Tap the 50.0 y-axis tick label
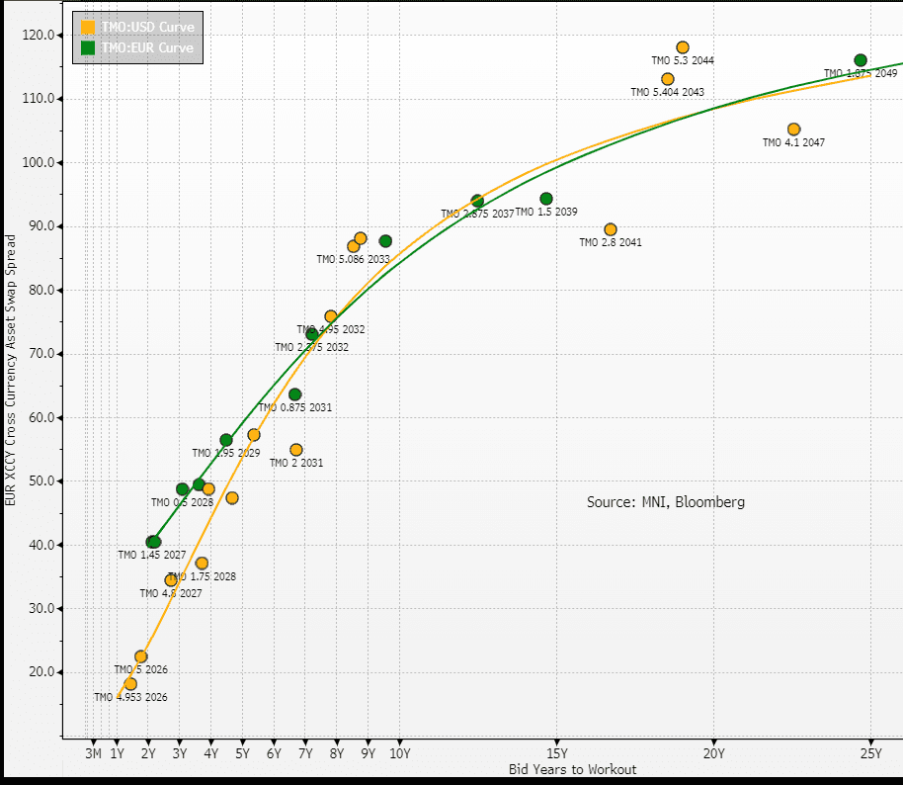[42, 481]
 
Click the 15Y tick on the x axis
[556, 754]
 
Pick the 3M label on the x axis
[93, 754]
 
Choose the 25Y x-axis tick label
[870, 754]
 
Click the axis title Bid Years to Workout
[572, 769]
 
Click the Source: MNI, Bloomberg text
[666, 502]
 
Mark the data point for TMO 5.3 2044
[683, 47]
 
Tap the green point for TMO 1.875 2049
[861, 60]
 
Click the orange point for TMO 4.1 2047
[793, 130]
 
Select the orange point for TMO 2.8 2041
[611, 229]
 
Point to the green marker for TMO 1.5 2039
[546, 199]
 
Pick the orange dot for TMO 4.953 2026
[130, 684]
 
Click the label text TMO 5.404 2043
[667, 92]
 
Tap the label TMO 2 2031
[296, 463]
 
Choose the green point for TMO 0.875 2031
[294, 394]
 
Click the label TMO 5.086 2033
[353, 259]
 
